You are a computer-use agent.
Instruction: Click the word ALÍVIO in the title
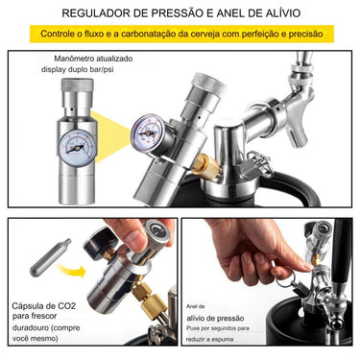[x=276, y=13]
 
